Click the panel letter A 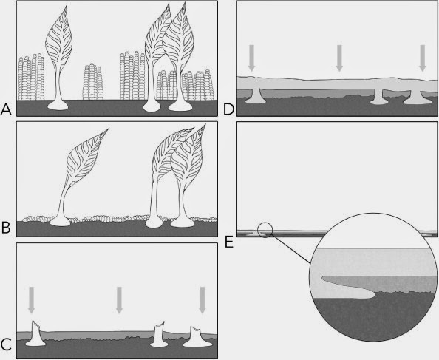tap(7, 109)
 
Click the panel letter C tap(7, 344)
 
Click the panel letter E tap(228, 241)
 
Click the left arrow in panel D tap(251, 57)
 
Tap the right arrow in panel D tap(423, 57)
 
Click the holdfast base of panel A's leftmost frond tap(57, 106)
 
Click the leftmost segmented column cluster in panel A tap(27, 78)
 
